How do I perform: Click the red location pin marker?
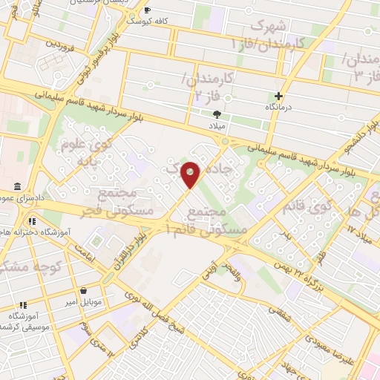[x=191, y=174]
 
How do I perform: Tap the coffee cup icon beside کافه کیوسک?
[x=147, y=10]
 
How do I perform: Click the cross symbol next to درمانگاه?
[x=279, y=96]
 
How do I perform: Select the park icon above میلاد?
[x=217, y=114]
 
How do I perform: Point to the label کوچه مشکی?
[x=34, y=266]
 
